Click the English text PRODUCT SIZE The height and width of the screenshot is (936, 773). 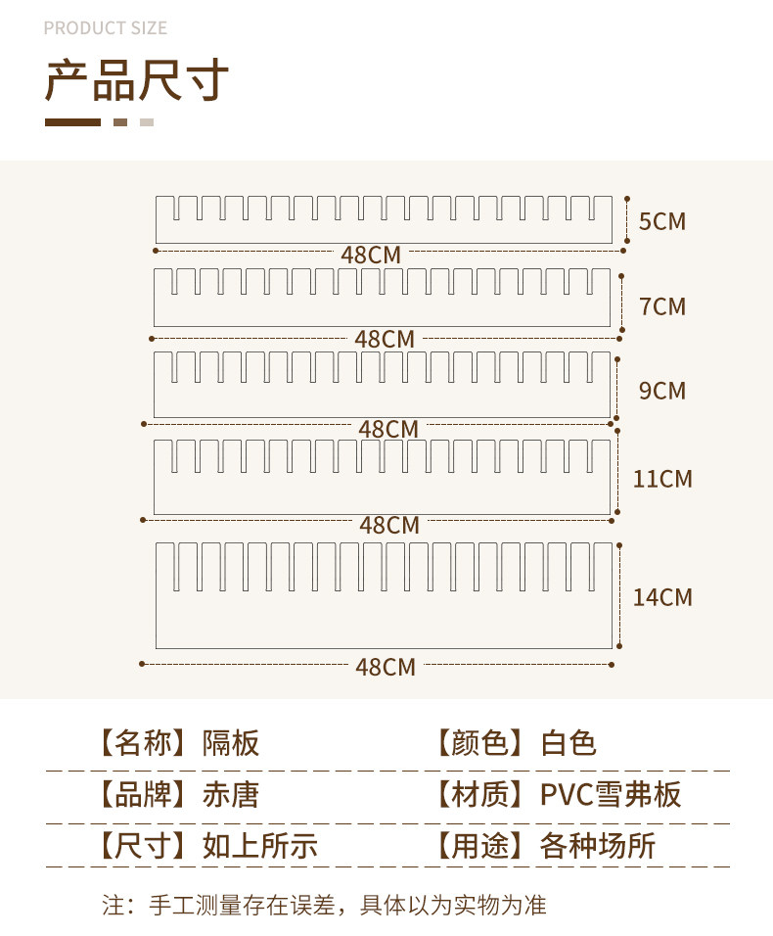(x=106, y=28)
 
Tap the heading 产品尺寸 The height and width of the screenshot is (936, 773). (x=137, y=81)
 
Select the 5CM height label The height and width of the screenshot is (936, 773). (x=662, y=221)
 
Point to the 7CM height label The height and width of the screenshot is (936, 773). (x=662, y=306)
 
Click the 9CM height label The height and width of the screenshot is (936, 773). (x=662, y=391)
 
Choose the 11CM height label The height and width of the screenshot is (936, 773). (x=662, y=479)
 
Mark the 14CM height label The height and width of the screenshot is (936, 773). (x=662, y=597)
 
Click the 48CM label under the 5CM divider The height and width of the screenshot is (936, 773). (x=371, y=255)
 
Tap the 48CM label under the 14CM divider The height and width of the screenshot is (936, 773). (x=386, y=667)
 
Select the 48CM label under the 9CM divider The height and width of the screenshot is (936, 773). (x=388, y=429)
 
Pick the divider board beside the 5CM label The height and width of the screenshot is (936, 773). (x=384, y=231)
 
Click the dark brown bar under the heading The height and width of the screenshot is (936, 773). (x=72, y=122)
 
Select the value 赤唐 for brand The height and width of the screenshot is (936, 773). (x=231, y=794)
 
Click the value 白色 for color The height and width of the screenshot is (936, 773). (x=568, y=743)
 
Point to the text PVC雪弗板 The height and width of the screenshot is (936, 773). (x=611, y=794)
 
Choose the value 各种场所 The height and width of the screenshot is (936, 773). (x=597, y=846)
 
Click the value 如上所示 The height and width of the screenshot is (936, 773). (x=259, y=846)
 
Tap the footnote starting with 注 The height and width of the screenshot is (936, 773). (x=324, y=905)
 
